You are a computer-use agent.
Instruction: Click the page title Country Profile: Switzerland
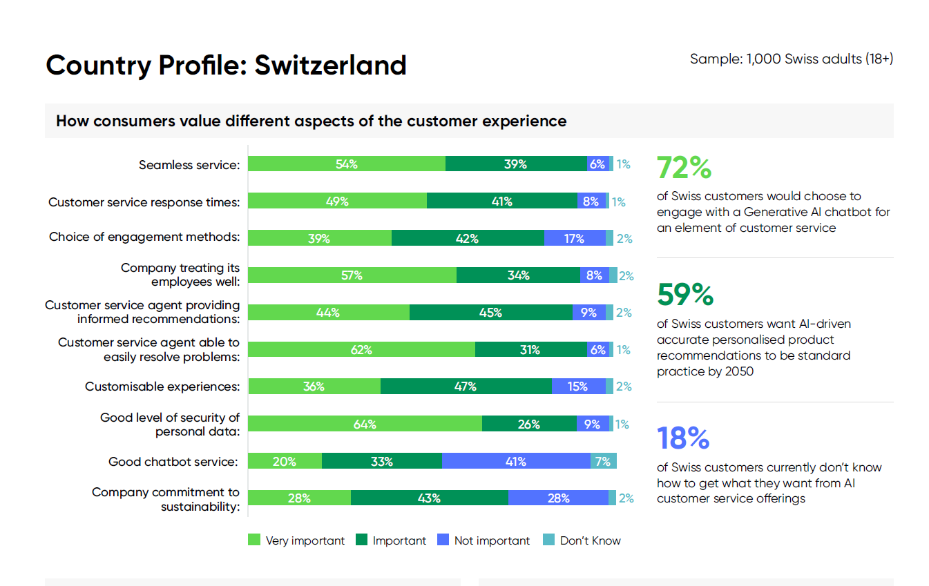pos(226,66)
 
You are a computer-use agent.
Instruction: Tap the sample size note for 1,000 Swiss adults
pos(791,59)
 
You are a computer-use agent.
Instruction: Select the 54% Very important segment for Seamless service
pos(346,164)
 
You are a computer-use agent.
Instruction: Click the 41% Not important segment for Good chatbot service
pos(515,462)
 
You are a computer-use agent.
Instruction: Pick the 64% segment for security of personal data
pos(364,424)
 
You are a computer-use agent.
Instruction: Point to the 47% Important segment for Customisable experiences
pos(466,387)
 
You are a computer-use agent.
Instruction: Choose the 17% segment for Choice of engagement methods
pos(574,238)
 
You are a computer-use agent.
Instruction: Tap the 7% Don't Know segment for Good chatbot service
pos(603,462)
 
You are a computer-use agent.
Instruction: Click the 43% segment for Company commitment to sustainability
pos(429,498)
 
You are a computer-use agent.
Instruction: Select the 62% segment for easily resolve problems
pos(361,350)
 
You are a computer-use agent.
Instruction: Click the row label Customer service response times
pos(144,202)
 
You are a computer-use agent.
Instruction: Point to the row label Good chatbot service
pos(173,462)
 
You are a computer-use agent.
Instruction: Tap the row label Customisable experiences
pos(162,387)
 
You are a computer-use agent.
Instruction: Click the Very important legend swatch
pos(254,540)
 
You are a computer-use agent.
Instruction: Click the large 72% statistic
pos(684,168)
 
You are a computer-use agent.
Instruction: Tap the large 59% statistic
pos(685,295)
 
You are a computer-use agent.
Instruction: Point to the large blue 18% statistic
pos(683,438)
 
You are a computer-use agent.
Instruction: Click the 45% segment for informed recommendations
pos(490,313)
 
